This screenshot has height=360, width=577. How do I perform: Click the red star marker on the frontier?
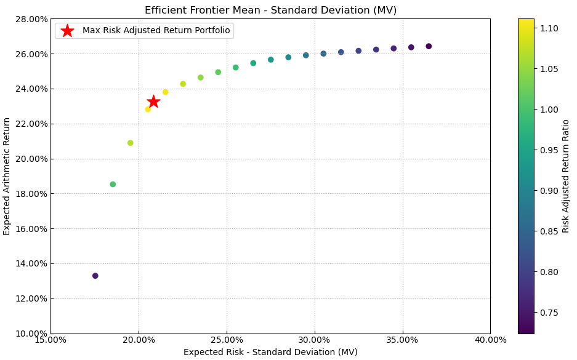(x=153, y=102)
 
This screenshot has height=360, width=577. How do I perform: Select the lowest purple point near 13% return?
(x=95, y=276)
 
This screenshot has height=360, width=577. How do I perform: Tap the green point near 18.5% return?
(x=113, y=184)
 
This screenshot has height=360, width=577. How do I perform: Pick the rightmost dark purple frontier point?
(x=429, y=46)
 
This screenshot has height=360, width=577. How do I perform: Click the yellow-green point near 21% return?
(x=131, y=143)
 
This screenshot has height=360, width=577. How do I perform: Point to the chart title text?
(x=270, y=10)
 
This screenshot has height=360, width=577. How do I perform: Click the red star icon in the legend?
(x=68, y=31)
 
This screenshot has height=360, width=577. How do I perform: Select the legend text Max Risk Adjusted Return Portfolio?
(x=156, y=31)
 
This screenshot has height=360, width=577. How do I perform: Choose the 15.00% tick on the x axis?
(x=50, y=340)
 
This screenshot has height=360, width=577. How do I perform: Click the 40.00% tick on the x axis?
(x=490, y=340)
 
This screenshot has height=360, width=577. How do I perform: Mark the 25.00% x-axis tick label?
(x=227, y=340)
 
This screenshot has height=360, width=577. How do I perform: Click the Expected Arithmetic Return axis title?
(x=7, y=176)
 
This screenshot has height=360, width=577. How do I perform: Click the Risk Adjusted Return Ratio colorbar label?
(x=566, y=176)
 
